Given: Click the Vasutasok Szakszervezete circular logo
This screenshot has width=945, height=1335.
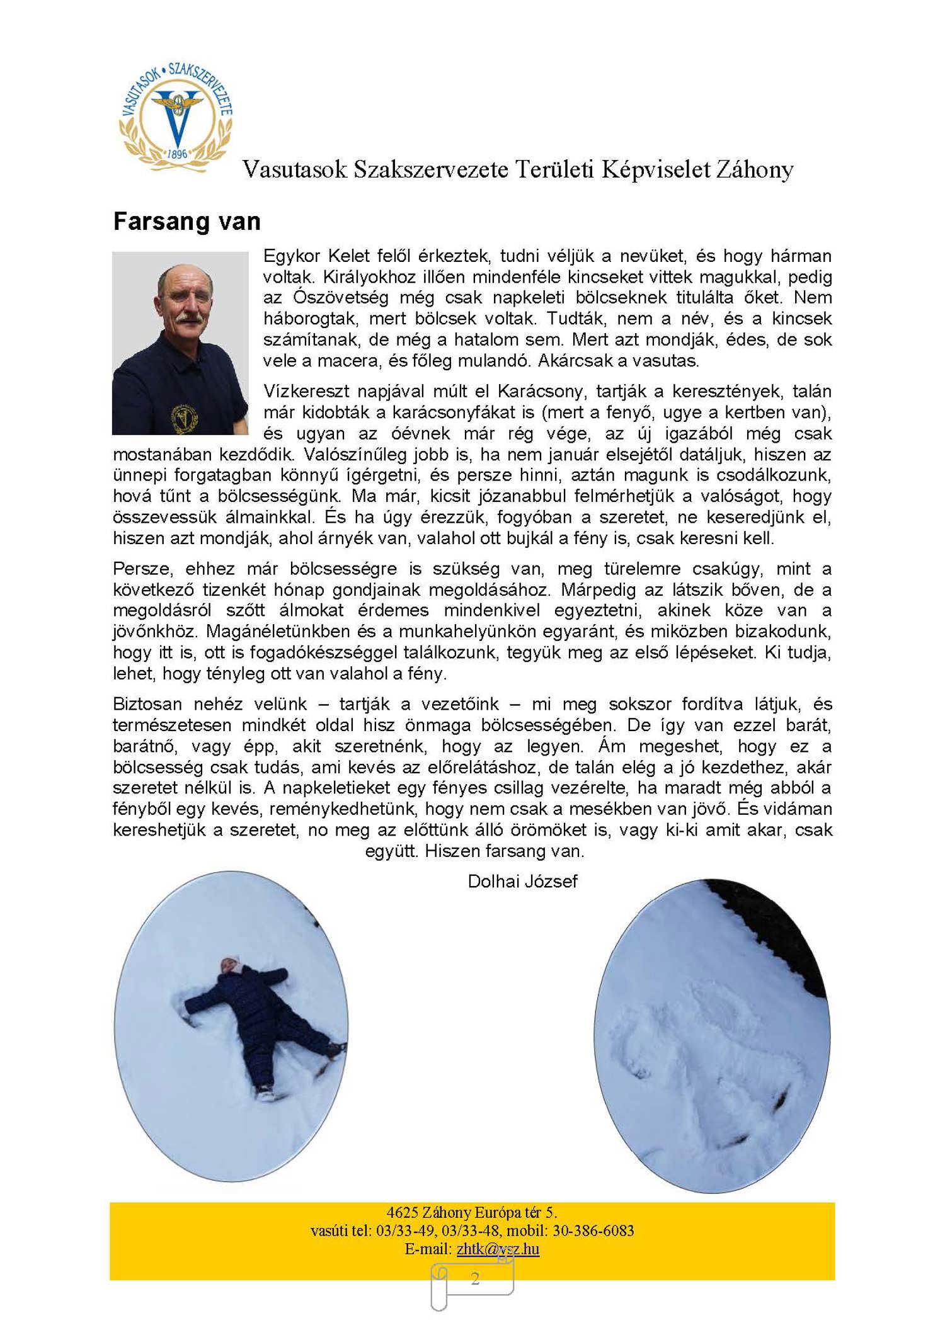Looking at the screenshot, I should tap(176, 117).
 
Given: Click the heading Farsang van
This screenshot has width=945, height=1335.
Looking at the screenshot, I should tap(186, 222).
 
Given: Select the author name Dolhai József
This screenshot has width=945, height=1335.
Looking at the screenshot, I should tap(522, 881).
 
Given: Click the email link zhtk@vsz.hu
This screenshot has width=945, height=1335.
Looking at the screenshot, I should tap(498, 1249).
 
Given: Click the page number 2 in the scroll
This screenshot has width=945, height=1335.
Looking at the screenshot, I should tap(475, 1278).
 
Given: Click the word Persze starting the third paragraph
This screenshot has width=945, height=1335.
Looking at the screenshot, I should tap(144, 569).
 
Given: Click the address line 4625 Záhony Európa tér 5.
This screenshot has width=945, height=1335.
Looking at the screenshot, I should tap(472, 1212).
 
